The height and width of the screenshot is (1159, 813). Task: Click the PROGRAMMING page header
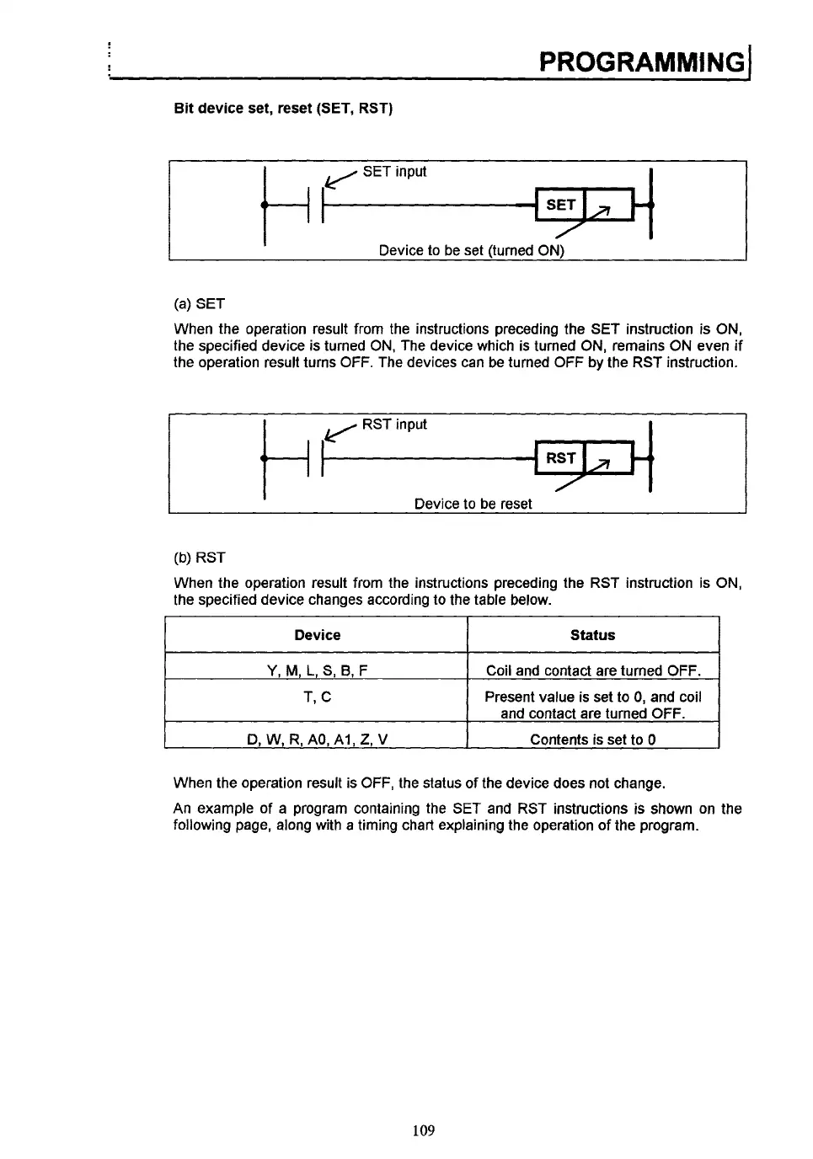click(x=641, y=61)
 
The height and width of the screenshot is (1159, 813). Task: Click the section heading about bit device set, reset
click(x=283, y=109)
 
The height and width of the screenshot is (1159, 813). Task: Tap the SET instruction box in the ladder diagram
click(x=560, y=205)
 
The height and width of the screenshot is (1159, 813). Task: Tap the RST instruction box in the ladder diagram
click(x=560, y=458)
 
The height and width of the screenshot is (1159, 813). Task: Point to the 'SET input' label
click(x=394, y=172)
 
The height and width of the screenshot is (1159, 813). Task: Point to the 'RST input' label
click(x=394, y=425)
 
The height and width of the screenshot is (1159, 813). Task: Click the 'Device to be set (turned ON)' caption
click(x=471, y=250)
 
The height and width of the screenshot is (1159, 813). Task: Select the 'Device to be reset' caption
click(x=473, y=504)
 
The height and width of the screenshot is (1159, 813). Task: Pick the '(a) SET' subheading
click(x=199, y=303)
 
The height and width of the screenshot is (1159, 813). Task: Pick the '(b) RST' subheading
click(x=199, y=558)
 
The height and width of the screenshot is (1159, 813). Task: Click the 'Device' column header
click(x=317, y=635)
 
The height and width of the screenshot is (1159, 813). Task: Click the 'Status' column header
click(x=592, y=635)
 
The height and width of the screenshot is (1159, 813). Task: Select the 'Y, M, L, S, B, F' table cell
click(x=317, y=671)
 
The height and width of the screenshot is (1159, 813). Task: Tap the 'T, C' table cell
click(x=317, y=697)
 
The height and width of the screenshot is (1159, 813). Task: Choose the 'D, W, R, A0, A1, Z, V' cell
click(x=317, y=740)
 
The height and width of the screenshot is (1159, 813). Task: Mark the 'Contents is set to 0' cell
click(x=592, y=740)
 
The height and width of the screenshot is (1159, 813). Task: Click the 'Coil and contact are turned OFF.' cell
click(x=592, y=671)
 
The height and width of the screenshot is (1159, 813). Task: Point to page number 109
click(x=424, y=1130)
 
